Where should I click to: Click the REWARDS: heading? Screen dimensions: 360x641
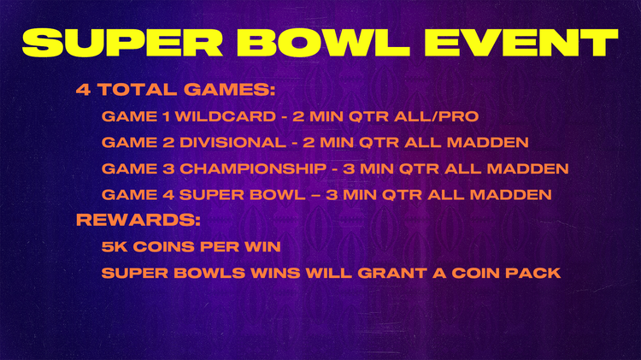point(138,220)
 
